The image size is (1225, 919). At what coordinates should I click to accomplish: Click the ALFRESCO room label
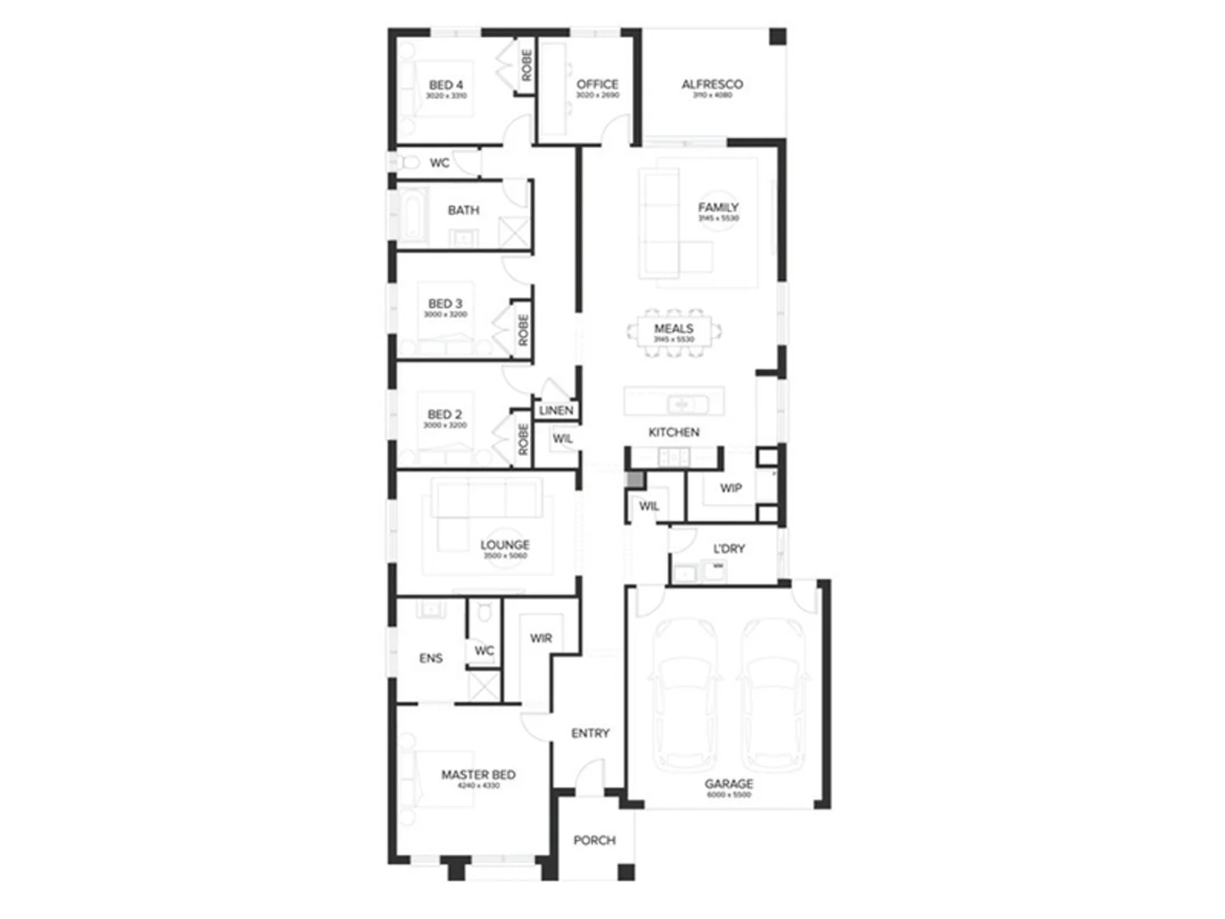pos(712,84)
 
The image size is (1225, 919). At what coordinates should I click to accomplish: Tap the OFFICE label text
pos(597,84)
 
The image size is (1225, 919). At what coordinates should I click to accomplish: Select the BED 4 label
pos(446,85)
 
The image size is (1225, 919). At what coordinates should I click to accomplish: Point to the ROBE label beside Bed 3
pos(523,330)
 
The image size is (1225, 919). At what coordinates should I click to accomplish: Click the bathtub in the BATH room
pos(412,217)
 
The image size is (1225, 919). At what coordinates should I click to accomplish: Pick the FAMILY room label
pos(718,207)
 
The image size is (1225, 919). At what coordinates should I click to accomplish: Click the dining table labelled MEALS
pos(674,332)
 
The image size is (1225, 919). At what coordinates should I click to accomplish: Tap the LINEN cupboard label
pos(556,410)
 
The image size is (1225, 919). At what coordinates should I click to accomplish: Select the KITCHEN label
pos(674,432)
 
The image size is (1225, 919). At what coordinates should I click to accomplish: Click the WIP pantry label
pos(731,488)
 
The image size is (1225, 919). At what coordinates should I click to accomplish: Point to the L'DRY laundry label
pos(729,549)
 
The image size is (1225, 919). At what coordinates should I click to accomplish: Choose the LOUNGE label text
pos(504,545)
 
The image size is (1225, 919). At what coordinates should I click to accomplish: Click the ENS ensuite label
pos(430,658)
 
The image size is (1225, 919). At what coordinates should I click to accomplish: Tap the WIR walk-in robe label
pos(541,638)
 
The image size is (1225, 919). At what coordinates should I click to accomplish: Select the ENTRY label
pos(590,733)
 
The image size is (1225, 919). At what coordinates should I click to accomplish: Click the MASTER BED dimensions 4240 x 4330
pos(478,786)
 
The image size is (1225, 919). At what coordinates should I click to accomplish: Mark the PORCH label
pos(594,840)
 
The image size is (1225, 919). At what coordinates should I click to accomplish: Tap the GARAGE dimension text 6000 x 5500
pos(729,795)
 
